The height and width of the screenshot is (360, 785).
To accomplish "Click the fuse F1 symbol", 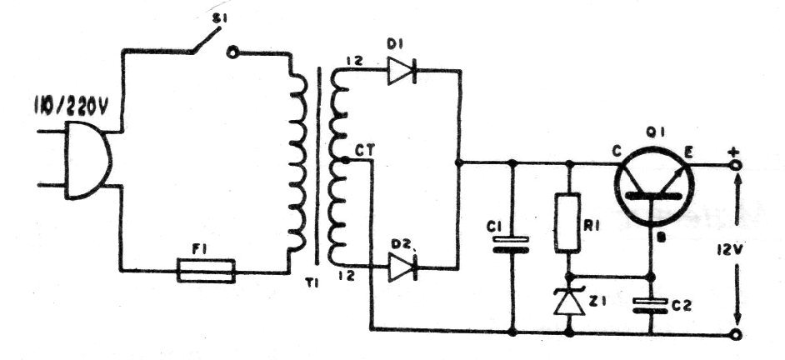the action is click(x=207, y=271).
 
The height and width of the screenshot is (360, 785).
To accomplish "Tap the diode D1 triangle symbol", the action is click(x=402, y=71).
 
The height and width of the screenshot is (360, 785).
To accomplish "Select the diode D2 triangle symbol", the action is click(x=402, y=267).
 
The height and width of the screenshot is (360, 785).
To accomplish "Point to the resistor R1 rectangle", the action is click(x=568, y=222).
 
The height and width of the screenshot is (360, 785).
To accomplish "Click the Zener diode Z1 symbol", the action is click(x=568, y=302).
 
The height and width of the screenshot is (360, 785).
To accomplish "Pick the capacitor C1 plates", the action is click(x=511, y=245).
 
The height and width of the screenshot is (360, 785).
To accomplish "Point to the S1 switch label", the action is click(x=217, y=18).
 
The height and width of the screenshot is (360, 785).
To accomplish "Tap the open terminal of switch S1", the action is click(x=231, y=52).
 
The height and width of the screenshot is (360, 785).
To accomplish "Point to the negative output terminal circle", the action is click(x=736, y=334).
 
